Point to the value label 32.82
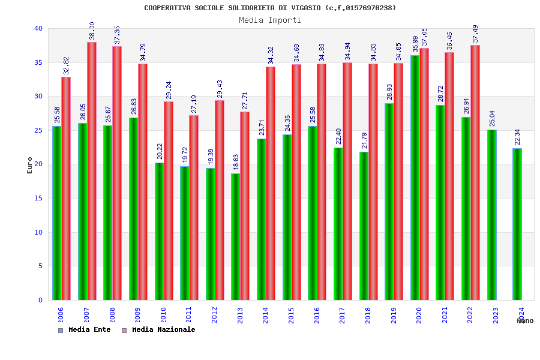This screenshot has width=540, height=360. (66, 66)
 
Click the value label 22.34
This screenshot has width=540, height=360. (517, 138)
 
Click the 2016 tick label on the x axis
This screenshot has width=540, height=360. (317, 315)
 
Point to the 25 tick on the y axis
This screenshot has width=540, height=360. (38, 130)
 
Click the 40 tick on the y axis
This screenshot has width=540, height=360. (38, 28)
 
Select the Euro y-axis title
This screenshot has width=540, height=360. (30, 165)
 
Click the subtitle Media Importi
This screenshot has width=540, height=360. (270, 20)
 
